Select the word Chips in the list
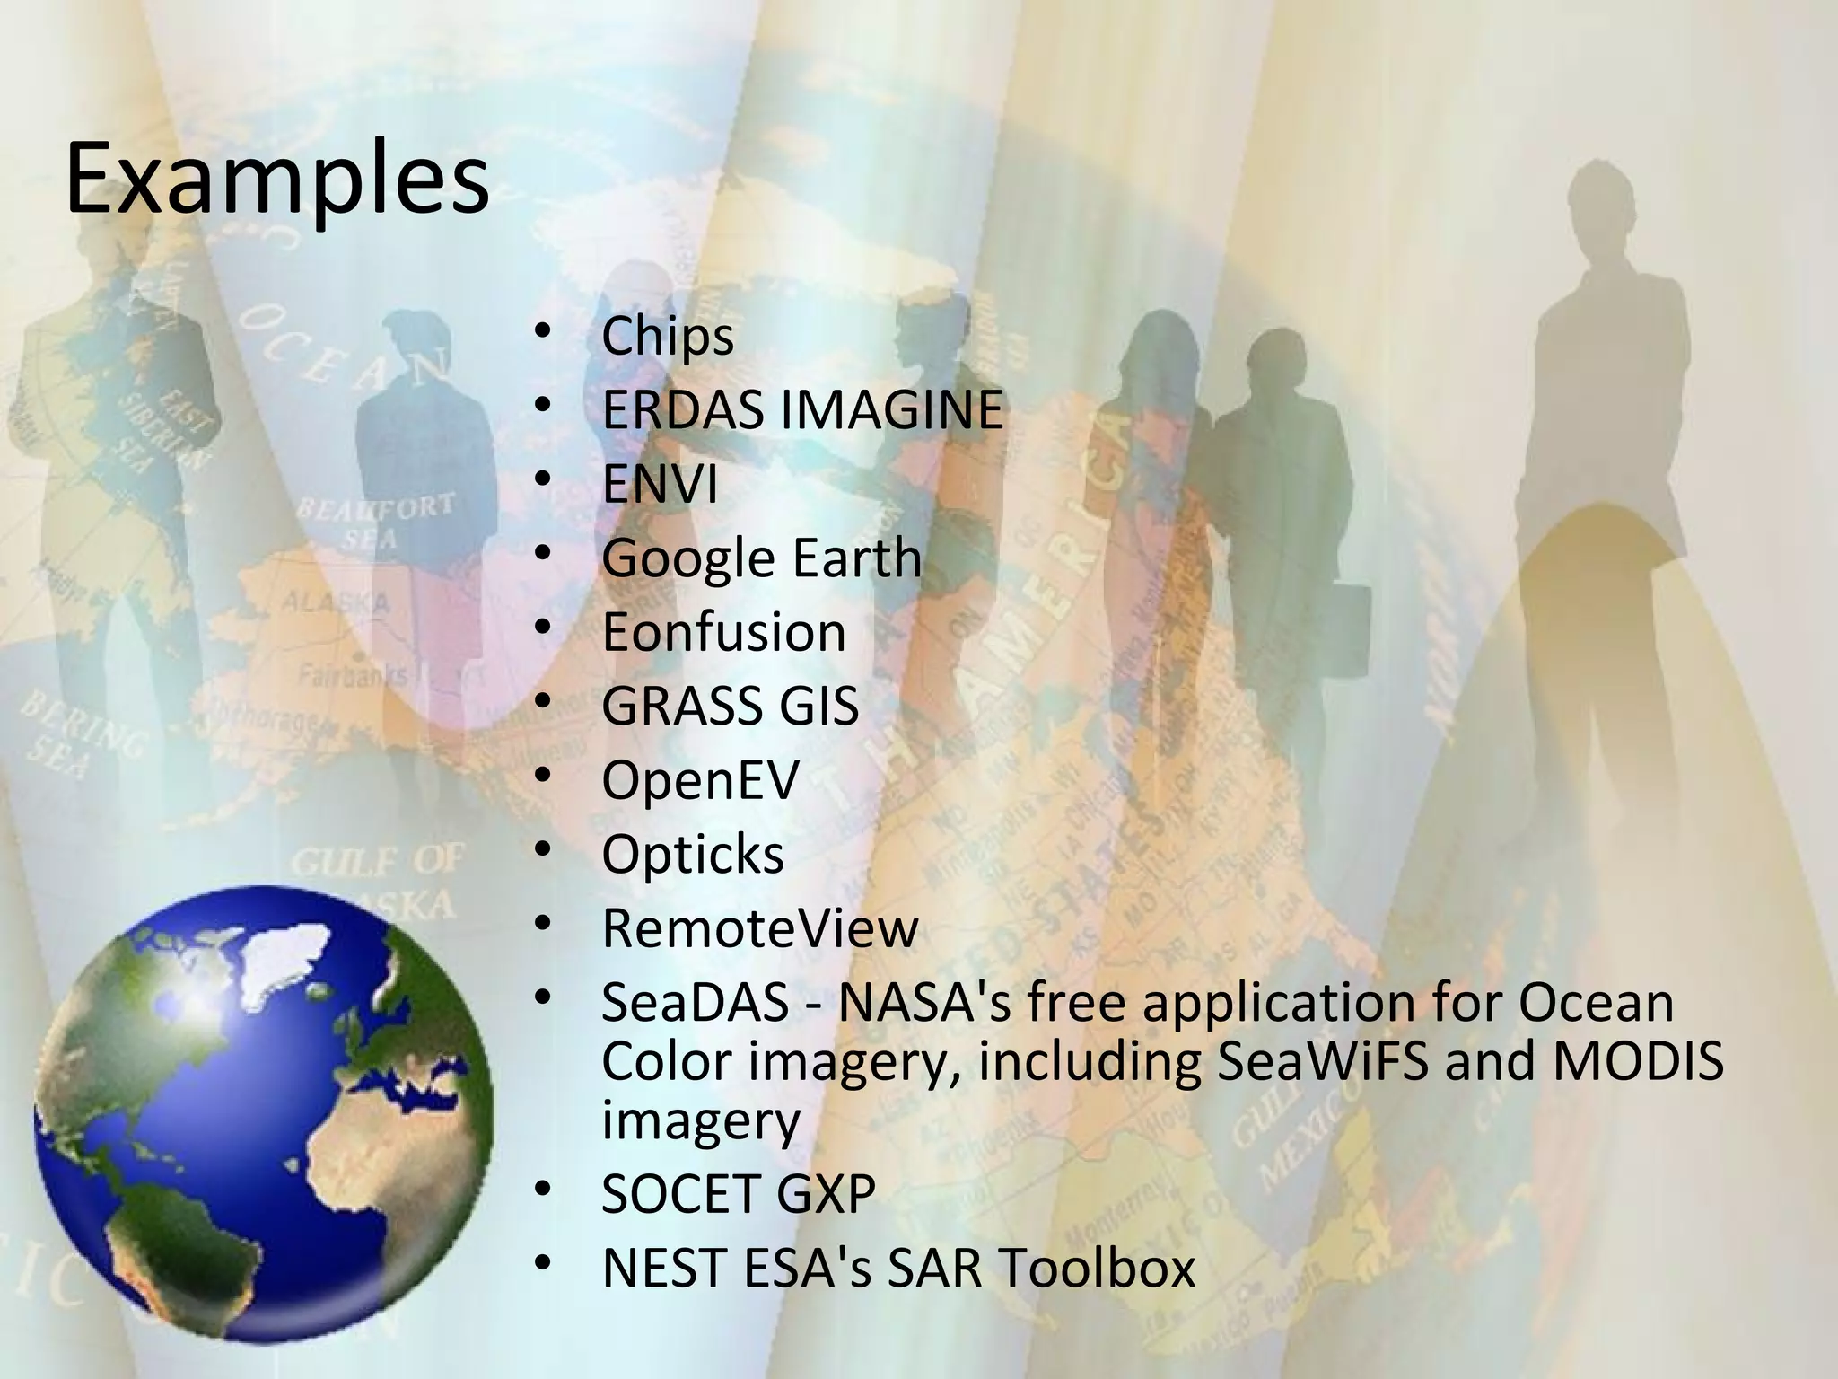pos(668,337)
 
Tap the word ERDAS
pos(686,410)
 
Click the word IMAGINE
pos(891,410)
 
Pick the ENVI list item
pos(660,485)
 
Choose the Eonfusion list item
pos(723,632)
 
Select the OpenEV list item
pos(700,779)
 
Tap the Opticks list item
pos(693,854)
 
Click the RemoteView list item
pos(760,927)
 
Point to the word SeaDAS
pos(695,1002)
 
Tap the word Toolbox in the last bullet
pos(1098,1267)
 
